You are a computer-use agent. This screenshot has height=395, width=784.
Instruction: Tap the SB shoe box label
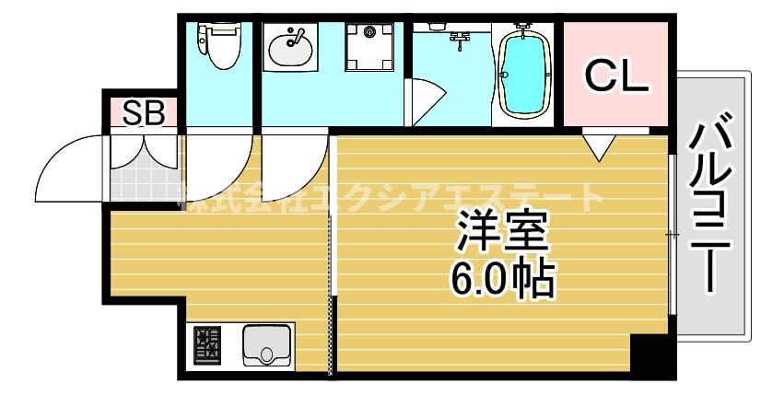(x=144, y=113)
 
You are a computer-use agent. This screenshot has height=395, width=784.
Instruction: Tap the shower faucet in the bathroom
(x=461, y=38)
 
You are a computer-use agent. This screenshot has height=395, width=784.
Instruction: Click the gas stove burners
(x=207, y=345)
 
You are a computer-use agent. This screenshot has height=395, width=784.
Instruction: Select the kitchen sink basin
(x=267, y=346)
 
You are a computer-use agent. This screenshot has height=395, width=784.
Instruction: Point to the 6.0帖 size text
(x=502, y=279)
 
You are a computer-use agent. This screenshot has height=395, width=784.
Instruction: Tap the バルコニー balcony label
(x=717, y=206)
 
